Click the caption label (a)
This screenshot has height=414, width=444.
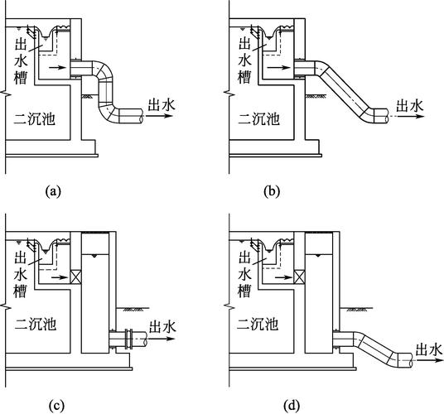53,191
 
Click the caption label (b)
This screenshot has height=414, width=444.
272,191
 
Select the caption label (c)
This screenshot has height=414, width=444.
56,407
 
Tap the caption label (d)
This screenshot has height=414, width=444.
292,407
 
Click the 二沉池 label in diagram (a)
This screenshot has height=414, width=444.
34,119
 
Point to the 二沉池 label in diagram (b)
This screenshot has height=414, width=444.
258,119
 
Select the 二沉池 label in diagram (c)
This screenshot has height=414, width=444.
36,325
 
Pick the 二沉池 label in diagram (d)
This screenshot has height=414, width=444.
258,325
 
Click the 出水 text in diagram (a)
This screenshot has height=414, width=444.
162,104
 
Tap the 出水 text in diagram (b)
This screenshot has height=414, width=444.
409,105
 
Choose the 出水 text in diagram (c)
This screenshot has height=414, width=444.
162,326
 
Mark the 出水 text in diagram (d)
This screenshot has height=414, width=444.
429,349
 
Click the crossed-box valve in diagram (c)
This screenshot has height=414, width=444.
75,277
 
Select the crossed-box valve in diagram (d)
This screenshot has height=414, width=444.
300,277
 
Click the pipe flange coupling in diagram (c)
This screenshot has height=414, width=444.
128,339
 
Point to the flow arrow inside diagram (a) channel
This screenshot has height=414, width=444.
57,68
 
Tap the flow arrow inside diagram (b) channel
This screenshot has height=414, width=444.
278,68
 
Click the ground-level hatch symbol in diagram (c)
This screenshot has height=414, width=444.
133,309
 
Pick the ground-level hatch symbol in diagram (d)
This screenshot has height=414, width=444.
357,309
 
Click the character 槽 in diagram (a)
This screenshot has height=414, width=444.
21,78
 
